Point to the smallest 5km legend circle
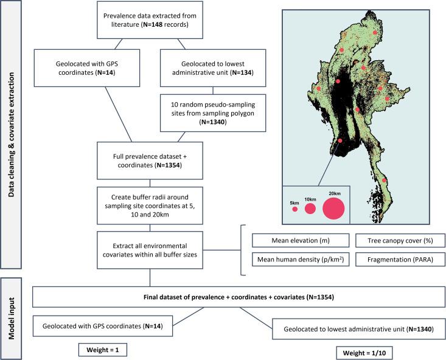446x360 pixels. point(294,209)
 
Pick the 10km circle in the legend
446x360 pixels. point(310,209)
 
